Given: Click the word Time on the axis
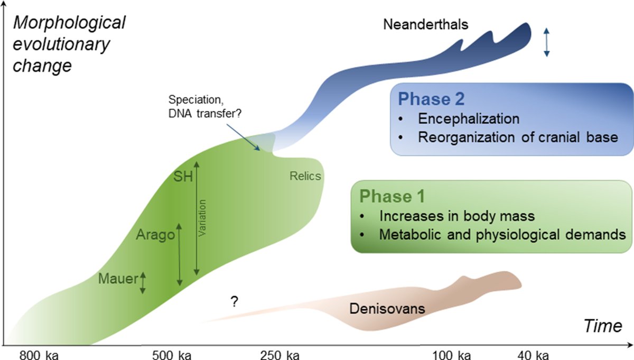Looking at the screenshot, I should [x=603, y=326].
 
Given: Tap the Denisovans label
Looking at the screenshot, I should [x=387, y=308].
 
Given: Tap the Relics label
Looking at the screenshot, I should [x=305, y=176].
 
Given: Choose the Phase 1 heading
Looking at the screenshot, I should [x=386, y=196].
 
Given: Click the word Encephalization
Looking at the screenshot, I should [x=469, y=119].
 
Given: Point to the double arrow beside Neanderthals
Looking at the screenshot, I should [x=547, y=42].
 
